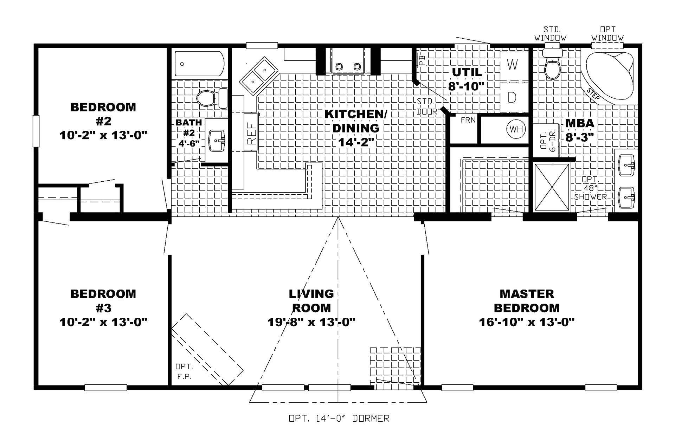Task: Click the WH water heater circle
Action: click(x=516, y=129)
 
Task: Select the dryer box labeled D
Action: click(x=514, y=97)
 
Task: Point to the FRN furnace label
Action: click(x=468, y=120)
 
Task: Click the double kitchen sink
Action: click(x=258, y=76)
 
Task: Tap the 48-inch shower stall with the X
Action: click(x=552, y=187)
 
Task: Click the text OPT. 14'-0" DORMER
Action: click(x=339, y=419)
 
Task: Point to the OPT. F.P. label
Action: click(x=184, y=371)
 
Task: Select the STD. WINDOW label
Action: click(x=551, y=33)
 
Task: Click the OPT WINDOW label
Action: click(x=607, y=33)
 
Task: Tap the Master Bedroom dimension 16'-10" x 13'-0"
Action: click(x=527, y=322)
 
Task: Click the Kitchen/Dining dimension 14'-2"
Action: click(x=356, y=142)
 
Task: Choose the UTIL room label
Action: click(x=467, y=72)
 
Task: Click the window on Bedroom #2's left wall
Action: click(x=36, y=131)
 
